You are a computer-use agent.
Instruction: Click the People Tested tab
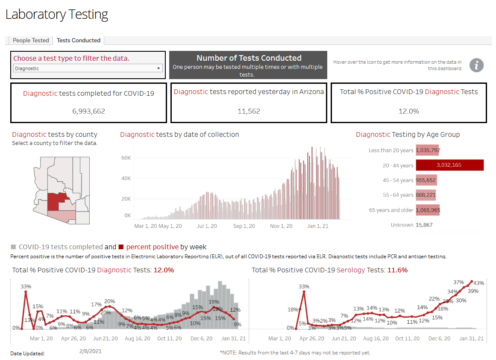pos(31,40)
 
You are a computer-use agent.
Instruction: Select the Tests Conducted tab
pos(79,40)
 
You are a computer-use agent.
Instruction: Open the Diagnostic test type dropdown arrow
pos(158,68)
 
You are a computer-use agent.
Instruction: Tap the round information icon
pos(476,65)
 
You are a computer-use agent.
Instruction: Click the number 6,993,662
pos(88,112)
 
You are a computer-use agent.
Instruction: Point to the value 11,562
pos(249,112)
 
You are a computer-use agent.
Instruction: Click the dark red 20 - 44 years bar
pos(449,165)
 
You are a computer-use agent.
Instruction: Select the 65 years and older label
pos(391,210)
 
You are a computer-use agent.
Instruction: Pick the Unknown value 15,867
pos(424,225)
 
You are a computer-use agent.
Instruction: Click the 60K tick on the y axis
pos(126,158)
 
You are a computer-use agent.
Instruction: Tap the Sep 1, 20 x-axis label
pos(244,226)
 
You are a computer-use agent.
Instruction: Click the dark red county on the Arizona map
pos(54,201)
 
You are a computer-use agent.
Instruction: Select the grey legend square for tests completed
pos(13,247)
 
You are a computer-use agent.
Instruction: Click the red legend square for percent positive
pos(121,247)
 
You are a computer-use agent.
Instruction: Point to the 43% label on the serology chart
pos(478,283)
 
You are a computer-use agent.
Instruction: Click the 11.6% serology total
pos(397,270)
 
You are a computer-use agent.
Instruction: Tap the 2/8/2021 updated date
pos(91,351)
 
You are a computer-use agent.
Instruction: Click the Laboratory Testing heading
pos(57,15)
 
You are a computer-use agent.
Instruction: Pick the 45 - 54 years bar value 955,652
pos(426,180)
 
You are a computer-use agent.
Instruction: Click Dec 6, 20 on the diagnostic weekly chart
pos(201,339)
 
